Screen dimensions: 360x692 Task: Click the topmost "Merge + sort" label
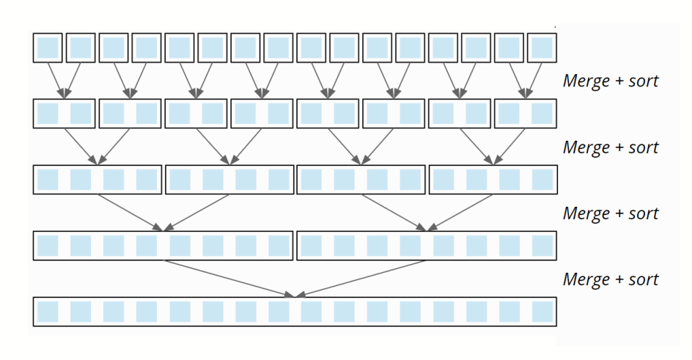pyautogui.click(x=610, y=81)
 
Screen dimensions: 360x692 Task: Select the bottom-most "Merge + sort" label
pyautogui.click(x=610, y=279)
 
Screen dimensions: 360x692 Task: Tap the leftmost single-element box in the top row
pyautogui.click(x=48, y=48)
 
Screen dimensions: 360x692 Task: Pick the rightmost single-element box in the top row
pyautogui.click(x=541, y=48)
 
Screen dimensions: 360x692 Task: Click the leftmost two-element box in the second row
pyautogui.click(x=64, y=114)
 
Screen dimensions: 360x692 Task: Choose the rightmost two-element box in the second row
pyautogui.click(x=525, y=114)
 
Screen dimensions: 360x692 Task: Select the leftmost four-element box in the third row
pyautogui.click(x=97, y=180)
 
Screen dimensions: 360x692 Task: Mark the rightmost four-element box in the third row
pyautogui.click(x=493, y=180)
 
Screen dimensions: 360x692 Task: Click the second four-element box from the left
pyautogui.click(x=229, y=180)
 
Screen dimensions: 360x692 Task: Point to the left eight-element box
pyautogui.click(x=163, y=246)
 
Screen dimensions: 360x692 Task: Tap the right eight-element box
pyautogui.click(x=426, y=246)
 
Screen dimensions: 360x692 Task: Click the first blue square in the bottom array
pyautogui.click(x=48, y=312)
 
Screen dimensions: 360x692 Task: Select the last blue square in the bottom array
pyautogui.click(x=542, y=312)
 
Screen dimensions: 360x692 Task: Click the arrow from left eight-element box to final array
pyautogui.click(x=227, y=279)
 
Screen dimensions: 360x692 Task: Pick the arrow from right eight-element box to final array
pyautogui.click(x=363, y=279)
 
